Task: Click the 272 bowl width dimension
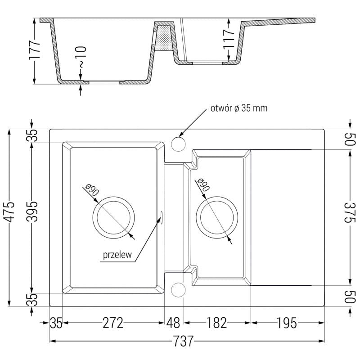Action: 112,323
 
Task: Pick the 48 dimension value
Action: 174,323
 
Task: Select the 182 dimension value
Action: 217,323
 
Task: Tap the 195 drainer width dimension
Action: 287,323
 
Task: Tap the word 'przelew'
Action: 117,255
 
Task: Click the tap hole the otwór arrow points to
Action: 179,144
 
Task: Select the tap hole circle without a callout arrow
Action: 179,289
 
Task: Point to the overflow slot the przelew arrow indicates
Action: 161,217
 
